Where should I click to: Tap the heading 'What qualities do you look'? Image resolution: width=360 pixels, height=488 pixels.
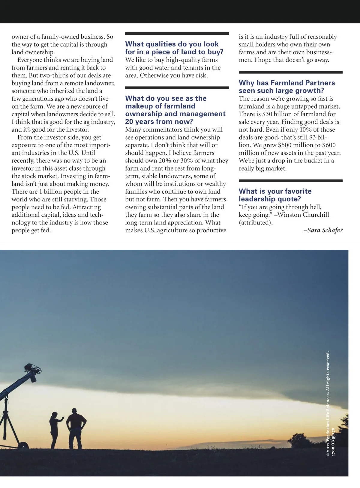click(172, 44)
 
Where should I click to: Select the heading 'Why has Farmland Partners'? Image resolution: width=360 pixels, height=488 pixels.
click(286, 83)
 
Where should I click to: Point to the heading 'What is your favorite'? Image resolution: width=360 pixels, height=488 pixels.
click(275, 191)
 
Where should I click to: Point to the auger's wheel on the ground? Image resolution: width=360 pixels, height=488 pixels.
click(21, 444)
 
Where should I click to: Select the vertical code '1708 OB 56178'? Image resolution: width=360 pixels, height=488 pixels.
click(333, 442)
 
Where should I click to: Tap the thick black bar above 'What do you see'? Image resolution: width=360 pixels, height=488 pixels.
click(177, 88)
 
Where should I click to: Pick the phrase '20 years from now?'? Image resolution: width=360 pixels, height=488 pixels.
click(159, 122)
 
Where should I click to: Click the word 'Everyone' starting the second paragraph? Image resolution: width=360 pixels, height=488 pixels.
click(29, 60)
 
